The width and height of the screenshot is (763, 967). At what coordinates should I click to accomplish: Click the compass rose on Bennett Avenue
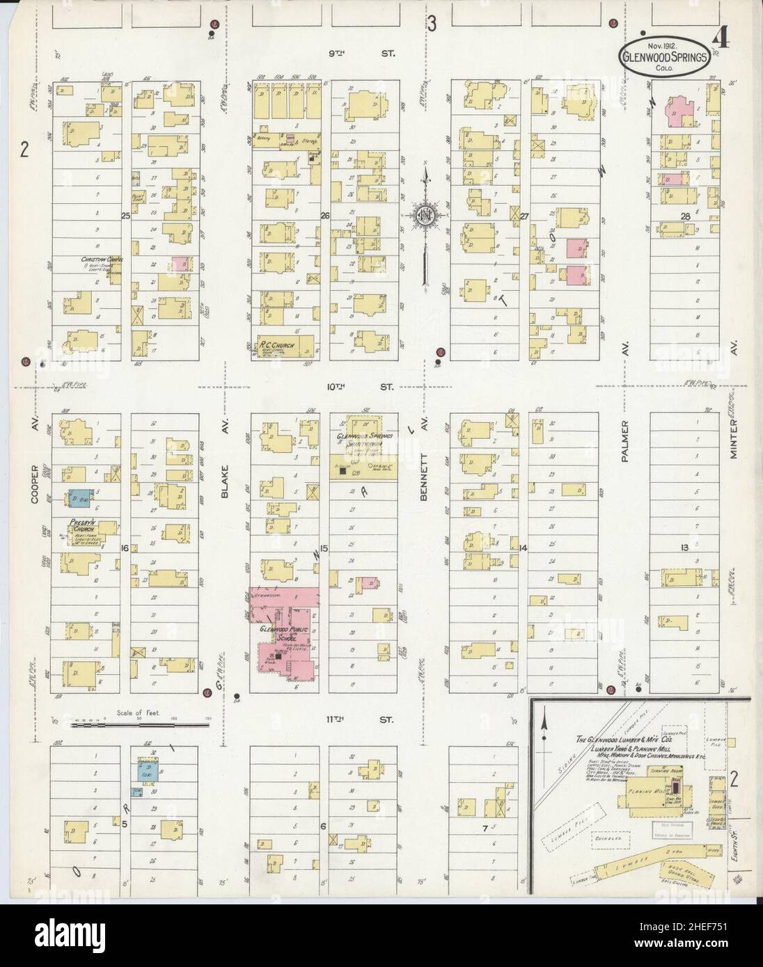423,216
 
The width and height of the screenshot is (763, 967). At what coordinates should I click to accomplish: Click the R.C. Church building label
277,346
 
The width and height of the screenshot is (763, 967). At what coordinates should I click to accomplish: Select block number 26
324,216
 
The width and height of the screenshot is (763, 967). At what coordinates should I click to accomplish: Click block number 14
524,548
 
